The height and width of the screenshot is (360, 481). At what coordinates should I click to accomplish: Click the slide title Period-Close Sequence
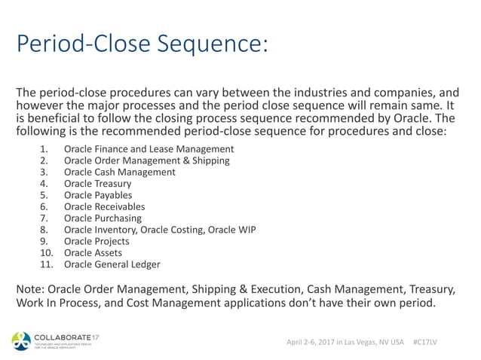coord(142,44)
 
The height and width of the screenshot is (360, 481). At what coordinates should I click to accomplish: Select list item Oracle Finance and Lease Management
coord(149,148)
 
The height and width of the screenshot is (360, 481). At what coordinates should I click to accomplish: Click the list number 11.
coord(44,264)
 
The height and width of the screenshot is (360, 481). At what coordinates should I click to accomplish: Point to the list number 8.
coord(44,230)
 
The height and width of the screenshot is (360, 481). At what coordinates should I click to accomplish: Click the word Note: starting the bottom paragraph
coord(31,288)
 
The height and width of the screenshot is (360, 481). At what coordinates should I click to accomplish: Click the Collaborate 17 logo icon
coord(21,340)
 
